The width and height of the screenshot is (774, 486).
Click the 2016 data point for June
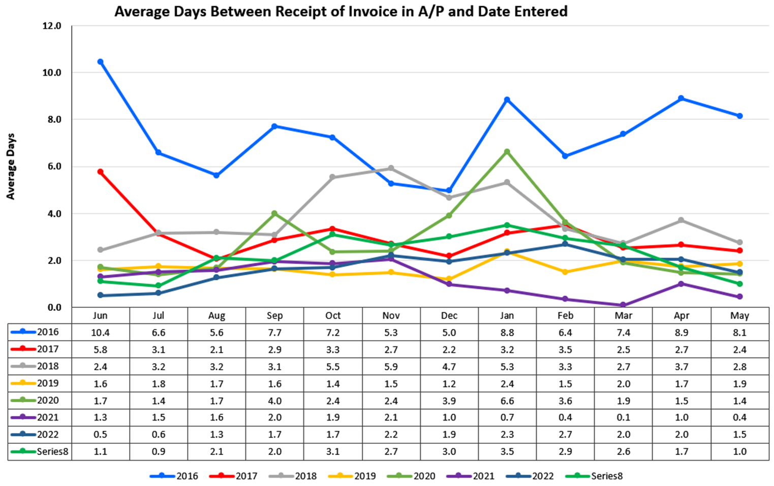point(100,62)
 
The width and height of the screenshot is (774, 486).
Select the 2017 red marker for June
point(100,172)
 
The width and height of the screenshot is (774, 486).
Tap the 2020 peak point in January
point(507,152)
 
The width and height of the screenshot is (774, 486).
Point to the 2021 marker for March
point(623,305)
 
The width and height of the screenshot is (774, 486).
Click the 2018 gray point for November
point(391,168)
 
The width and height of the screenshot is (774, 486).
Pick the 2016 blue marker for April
point(682,99)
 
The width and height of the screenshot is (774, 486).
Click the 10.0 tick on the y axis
point(51,73)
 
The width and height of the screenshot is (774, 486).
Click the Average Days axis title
point(11,167)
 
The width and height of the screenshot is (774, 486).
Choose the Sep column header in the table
point(274,315)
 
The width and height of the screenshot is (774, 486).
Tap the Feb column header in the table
point(565,315)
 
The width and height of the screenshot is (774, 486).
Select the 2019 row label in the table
point(48,383)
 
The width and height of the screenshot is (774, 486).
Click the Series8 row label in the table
point(52,451)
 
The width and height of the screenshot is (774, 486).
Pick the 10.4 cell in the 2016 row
point(100,333)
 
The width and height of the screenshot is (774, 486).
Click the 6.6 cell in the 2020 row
point(507,401)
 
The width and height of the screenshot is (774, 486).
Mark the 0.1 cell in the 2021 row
point(623,417)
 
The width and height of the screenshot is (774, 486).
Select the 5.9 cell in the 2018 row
point(391,367)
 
